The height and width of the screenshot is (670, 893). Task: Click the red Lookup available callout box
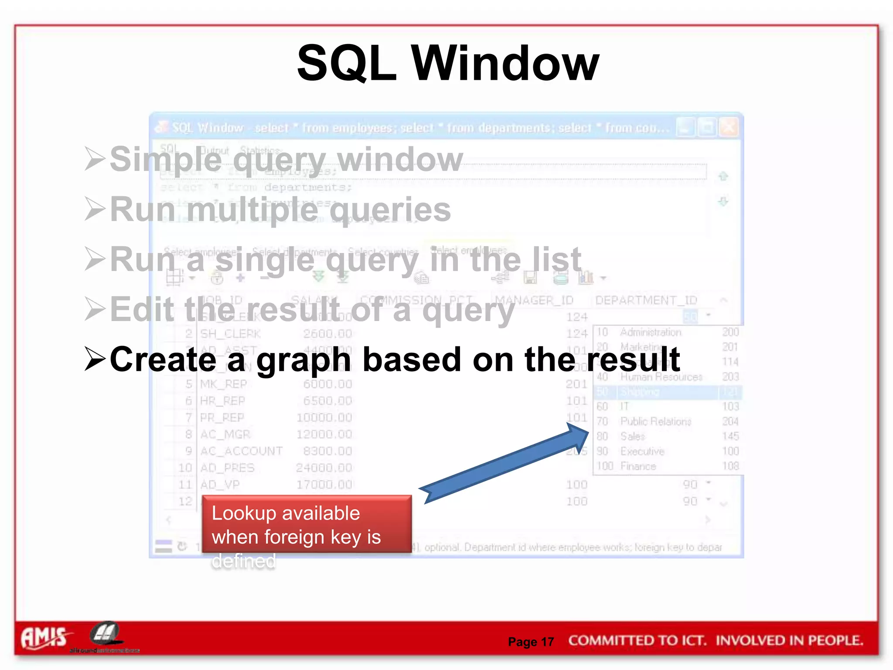tap(307, 525)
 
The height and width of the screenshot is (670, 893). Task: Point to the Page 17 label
tap(531, 642)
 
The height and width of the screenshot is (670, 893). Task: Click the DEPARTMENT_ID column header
tap(646, 300)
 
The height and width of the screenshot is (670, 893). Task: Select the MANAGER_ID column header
tap(534, 300)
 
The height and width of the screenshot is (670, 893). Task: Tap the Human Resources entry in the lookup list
tap(661, 377)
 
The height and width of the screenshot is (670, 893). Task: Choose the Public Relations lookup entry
tap(656, 421)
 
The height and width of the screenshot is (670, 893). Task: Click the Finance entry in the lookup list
tap(638, 466)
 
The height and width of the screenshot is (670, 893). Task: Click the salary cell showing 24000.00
tap(324, 468)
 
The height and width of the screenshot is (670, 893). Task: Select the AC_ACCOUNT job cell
tap(241, 451)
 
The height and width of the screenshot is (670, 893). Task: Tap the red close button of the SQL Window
tap(729, 128)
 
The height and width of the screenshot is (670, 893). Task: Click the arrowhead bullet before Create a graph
tap(95, 359)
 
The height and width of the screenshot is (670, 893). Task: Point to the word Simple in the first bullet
tap(166, 159)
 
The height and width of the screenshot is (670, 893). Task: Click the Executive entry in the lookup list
tap(642, 451)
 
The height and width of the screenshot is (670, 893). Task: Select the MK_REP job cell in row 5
tap(223, 384)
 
